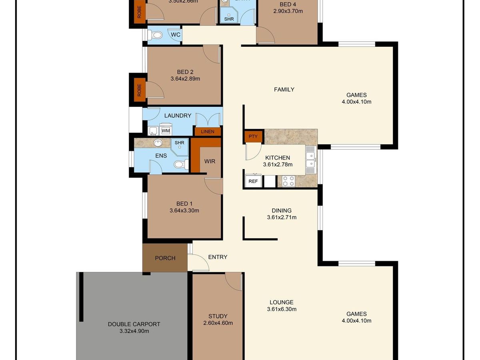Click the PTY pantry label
pos(253,136)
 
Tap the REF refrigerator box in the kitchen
pos(253,181)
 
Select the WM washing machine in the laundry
pos(166,131)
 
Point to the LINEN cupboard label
pos(208,132)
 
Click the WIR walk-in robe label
pos(210,161)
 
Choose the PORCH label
pos(165,258)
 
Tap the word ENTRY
pos(218,257)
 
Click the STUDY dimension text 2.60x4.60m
pos(218,323)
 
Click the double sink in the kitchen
pos(310,159)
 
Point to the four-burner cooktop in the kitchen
pos(289,181)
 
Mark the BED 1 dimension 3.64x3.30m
pos(184,210)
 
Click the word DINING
pos(282,210)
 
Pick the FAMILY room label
pos(284,90)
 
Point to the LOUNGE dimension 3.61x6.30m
pos(282,309)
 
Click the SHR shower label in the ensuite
pos(179,142)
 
